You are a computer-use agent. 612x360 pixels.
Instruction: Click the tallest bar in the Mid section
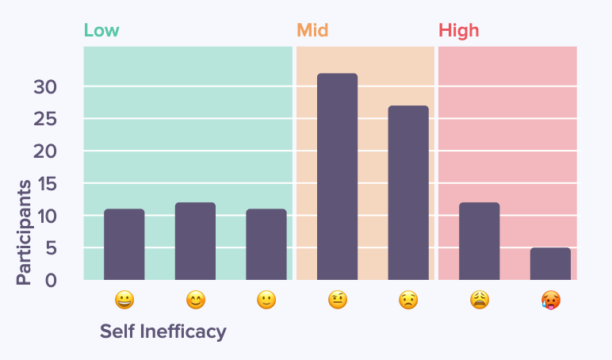[337, 177]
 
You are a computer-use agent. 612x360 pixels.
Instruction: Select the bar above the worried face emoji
[408, 193]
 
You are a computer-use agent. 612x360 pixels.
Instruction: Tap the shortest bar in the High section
[550, 264]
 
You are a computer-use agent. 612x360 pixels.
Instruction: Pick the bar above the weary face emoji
[479, 241]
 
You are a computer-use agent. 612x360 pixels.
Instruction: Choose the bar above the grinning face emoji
[124, 244]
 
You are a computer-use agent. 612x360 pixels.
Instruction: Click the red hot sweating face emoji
[550, 301]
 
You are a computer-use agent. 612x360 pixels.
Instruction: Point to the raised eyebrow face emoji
[337, 301]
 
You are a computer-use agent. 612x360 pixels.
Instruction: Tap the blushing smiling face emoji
[195, 301]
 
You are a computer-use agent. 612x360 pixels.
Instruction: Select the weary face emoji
[479, 301]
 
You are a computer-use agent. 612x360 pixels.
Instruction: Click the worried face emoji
[408, 301]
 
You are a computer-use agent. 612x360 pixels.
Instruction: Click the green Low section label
[101, 31]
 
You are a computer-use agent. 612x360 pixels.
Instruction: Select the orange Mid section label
[312, 31]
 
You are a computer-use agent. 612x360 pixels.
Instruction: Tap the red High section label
[458, 31]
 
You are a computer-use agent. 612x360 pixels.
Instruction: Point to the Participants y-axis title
[25, 232]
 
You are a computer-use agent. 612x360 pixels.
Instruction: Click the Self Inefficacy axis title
[163, 331]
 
